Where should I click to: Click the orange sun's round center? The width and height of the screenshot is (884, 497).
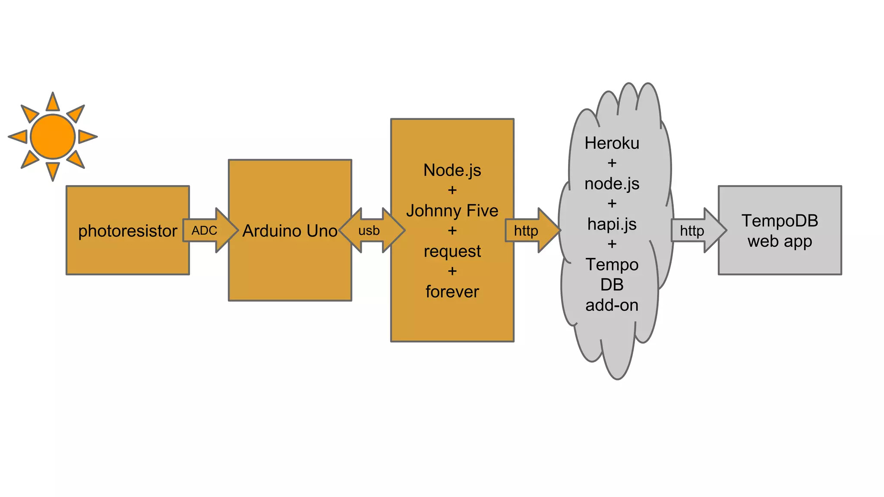tap(53, 136)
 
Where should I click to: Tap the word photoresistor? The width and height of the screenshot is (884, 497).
tap(127, 231)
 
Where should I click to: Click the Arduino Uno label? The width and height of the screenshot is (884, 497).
tap(290, 231)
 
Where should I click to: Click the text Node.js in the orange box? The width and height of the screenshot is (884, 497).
tap(452, 170)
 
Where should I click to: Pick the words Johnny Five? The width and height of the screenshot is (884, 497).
tap(452, 211)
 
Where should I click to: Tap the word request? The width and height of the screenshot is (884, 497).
tap(452, 251)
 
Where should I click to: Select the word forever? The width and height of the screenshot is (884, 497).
tap(452, 292)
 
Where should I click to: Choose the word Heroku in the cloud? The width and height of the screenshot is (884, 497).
tap(612, 143)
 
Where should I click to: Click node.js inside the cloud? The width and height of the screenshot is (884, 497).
tap(612, 184)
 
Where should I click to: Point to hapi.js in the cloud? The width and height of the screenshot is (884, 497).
tap(612, 224)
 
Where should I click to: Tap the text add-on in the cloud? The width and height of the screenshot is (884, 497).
tap(612, 305)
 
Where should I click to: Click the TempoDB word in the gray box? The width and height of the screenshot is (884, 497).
tap(780, 221)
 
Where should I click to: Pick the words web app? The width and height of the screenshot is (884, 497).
tap(780, 241)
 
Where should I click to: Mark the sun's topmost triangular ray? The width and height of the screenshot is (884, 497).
tap(53, 103)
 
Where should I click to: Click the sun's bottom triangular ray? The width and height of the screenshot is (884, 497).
tap(53, 170)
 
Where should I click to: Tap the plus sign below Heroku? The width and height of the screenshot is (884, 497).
tap(612, 163)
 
